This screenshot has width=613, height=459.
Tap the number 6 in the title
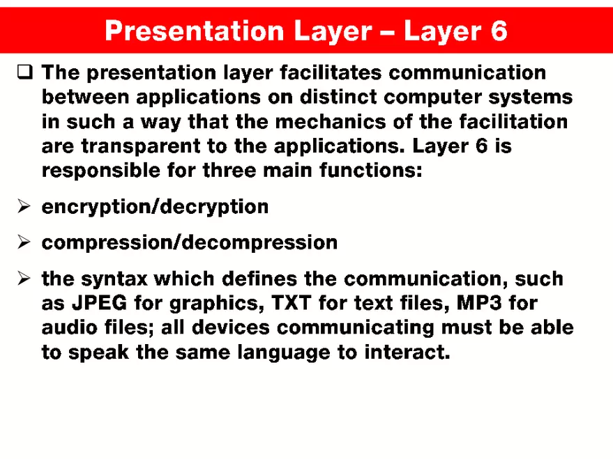[498, 31]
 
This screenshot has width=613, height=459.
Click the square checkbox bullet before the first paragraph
[24, 72]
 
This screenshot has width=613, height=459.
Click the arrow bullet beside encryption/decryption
[24, 207]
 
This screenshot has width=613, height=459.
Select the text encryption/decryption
[155, 207]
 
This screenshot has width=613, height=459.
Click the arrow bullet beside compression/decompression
[24, 242]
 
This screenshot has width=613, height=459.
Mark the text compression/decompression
[190, 242]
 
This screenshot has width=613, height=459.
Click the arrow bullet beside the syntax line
[24, 279]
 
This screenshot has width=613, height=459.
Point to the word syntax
[114, 279]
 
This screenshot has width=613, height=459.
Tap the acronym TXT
[289, 304]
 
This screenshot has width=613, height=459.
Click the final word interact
[407, 352]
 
